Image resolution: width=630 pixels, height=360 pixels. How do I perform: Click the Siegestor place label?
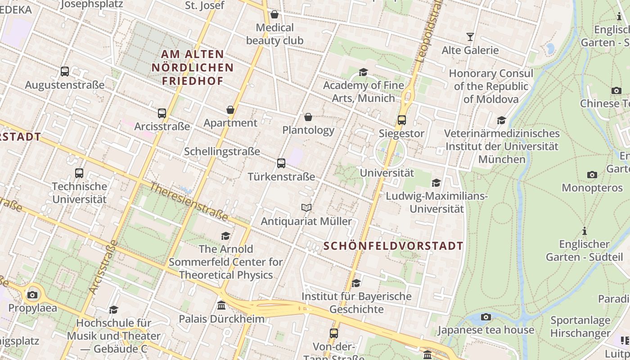(x=401, y=133)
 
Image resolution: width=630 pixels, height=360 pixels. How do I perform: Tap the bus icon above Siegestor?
(x=401, y=120)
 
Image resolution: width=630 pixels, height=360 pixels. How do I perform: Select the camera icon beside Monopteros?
(x=592, y=175)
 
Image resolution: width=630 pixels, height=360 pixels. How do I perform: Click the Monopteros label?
(x=592, y=188)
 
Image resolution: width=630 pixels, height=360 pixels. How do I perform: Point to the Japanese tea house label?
(x=486, y=330)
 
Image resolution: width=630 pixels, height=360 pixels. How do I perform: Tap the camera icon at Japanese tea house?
(x=486, y=317)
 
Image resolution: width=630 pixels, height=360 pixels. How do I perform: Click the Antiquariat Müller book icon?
(x=306, y=207)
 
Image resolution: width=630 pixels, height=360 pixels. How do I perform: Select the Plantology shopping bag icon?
(x=308, y=117)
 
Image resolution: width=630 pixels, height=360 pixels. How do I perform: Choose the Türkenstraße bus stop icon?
(x=281, y=163)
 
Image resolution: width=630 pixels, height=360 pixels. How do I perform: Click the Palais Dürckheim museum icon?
(x=221, y=306)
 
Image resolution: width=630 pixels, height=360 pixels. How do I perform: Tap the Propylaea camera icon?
(x=32, y=295)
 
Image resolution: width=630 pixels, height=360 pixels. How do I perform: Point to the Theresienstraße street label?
(x=189, y=201)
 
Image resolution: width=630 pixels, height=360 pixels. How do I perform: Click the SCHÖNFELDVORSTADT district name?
(x=393, y=246)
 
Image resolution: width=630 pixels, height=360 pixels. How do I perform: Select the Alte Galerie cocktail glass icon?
(x=470, y=36)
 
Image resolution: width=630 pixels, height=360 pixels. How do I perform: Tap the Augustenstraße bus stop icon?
(x=65, y=72)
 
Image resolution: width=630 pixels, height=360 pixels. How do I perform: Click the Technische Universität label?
(x=79, y=193)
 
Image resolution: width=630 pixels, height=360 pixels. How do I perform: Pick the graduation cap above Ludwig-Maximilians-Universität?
(x=436, y=183)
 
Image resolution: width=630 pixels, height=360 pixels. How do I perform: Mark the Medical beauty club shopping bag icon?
(x=274, y=15)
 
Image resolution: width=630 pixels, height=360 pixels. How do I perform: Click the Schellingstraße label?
(x=222, y=151)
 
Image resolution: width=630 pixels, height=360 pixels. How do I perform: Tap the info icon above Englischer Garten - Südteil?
(x=585, y=231)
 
